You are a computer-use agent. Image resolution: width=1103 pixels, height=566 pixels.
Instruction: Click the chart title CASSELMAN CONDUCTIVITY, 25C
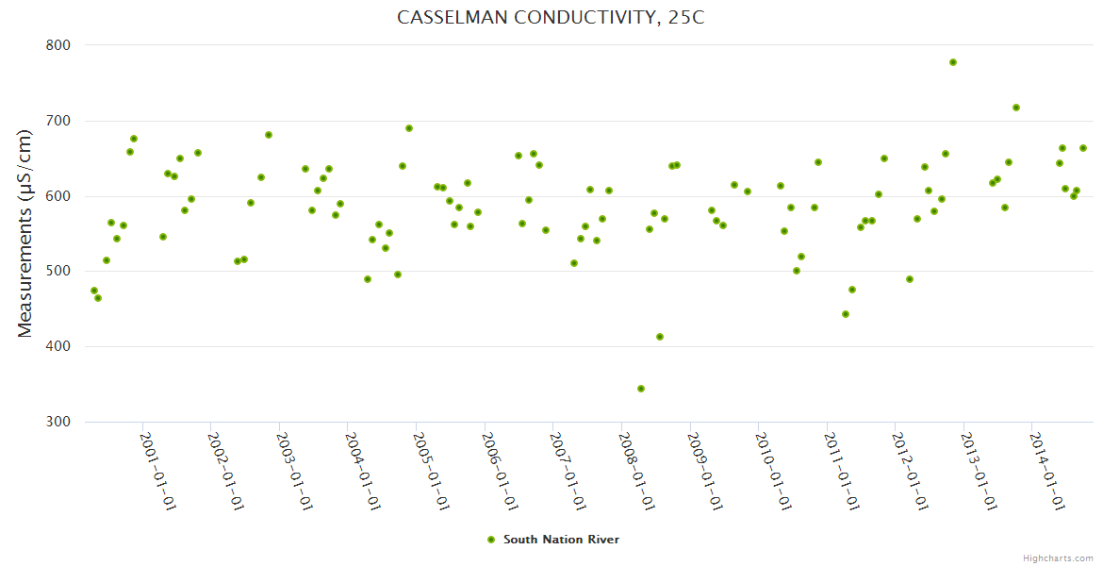[551, 18]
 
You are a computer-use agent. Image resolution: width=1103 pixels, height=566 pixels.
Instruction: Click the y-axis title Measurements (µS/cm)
[25, 233]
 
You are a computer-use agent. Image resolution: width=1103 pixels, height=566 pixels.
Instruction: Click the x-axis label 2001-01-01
[158, 471]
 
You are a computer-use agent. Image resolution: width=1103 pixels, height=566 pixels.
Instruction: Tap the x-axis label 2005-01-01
[432, 471]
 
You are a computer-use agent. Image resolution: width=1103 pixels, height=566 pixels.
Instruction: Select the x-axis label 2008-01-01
[637, 471]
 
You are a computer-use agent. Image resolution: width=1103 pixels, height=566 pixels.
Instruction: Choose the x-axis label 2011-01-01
[842, 471]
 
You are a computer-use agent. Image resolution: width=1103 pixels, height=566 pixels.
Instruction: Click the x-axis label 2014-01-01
[1047, 471]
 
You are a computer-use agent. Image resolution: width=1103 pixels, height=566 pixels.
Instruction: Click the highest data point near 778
[953, 62]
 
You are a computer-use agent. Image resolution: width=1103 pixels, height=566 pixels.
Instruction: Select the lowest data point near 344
[641, 389]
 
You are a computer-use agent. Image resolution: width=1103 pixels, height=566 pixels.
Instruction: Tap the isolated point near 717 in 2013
[1016, 108]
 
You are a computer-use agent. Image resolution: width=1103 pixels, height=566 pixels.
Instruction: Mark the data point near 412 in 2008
[660, 337]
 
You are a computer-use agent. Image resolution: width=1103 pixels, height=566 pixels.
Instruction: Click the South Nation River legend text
[561, 540]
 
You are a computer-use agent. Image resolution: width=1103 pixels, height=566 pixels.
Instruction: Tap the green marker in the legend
[490, 540]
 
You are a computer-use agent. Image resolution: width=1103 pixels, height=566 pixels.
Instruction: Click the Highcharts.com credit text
[1058, 558]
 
